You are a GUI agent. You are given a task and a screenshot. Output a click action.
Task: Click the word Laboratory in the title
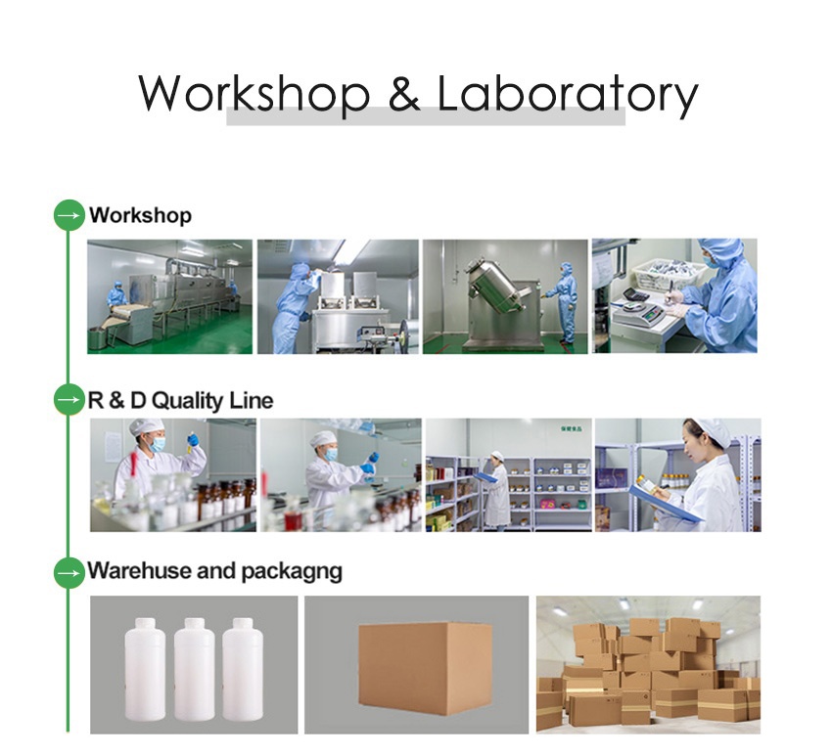(568, 95)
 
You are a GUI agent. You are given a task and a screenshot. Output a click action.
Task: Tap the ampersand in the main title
(403, 94)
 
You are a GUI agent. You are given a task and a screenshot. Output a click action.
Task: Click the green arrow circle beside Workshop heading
(69, 215)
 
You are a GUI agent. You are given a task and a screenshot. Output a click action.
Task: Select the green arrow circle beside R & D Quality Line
(69, 400)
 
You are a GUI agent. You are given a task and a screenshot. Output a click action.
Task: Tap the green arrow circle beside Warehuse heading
(69, 571)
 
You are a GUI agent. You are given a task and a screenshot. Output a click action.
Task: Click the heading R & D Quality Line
(181, 400)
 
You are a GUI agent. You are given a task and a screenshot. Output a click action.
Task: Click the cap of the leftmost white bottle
(146, 623)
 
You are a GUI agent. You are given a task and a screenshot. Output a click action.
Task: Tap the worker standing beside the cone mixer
(565, 298)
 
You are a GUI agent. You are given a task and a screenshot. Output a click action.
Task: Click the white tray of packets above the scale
(669, 273)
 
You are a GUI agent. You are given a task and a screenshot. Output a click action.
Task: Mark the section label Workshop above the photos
(140, 215)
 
